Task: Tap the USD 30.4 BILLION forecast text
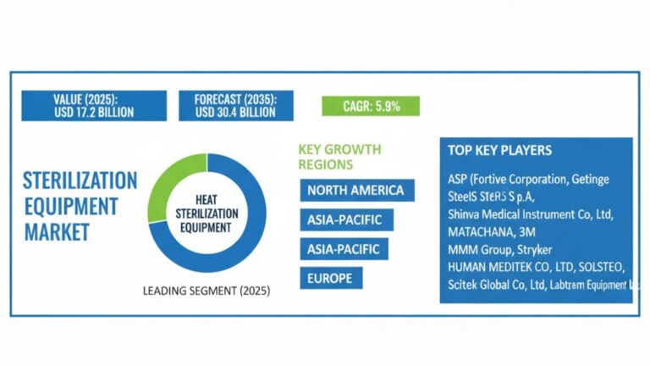point(235,112)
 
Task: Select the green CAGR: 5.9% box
point(372,106)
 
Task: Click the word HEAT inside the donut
point(207,196)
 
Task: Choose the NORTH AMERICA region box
point(357,189)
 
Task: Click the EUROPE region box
point(331,277)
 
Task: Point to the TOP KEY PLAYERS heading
point(499,151)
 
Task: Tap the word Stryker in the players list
point(542,248)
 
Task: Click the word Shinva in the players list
point(465,213)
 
